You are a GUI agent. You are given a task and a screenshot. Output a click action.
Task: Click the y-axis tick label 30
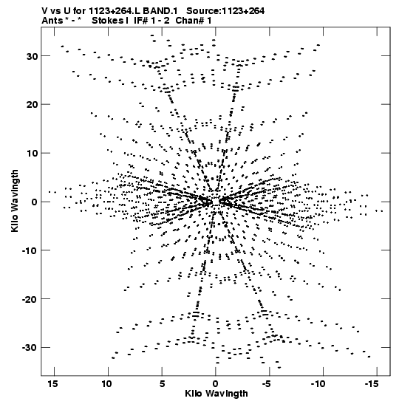(x=32, y=56)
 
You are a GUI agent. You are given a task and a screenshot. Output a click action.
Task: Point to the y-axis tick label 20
(x=32, y=105)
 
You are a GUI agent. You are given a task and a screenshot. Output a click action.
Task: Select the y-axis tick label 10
(x=32, y=154)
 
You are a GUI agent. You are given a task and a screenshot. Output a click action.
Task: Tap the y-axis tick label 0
(x=35, y=202)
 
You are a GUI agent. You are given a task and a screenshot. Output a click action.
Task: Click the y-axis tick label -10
(x=30, y=250)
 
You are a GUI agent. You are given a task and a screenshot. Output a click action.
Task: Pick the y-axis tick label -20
(x=30, y=299)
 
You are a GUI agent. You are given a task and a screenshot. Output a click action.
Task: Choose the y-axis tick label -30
(x=30, y=348)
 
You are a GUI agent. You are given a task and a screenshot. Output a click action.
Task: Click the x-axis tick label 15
(x=52, y=384)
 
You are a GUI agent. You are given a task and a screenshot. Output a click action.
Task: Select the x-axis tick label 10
(x=106, y=384)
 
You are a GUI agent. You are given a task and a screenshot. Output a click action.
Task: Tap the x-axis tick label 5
(x=162, y=384)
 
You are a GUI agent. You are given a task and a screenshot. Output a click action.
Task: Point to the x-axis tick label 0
(x=216, y=384)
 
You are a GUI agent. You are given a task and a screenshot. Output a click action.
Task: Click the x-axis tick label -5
(x=267, y=384)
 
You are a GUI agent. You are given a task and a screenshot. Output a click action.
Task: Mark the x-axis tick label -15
(x=372, y=384)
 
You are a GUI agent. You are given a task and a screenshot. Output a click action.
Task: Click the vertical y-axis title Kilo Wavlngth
(x=15, y=201)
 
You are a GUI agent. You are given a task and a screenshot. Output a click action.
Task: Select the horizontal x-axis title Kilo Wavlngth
(x=216, y=394)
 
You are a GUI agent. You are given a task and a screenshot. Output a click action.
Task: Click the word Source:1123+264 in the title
(x=225, y=11)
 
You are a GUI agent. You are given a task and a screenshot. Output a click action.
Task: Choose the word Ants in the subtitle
(x=52, y=21)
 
